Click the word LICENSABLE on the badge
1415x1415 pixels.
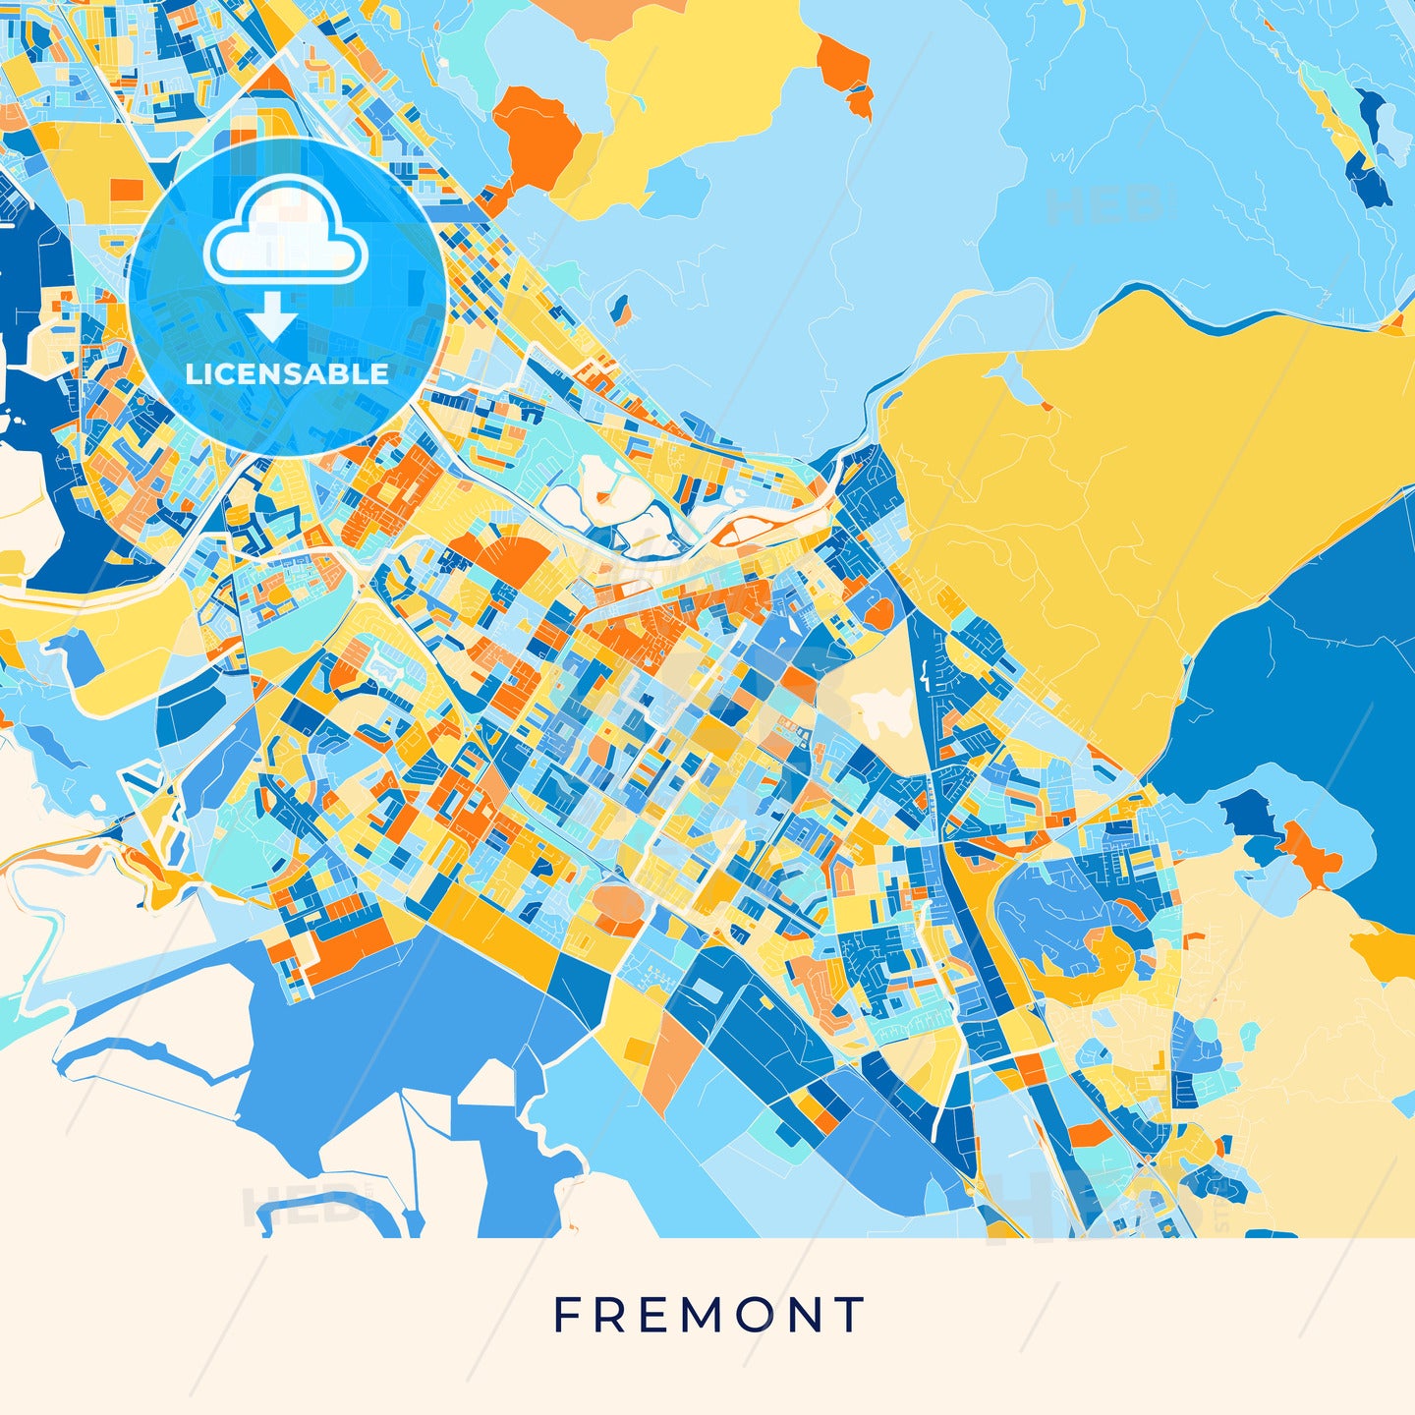tap(287, 373)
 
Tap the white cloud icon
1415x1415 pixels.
tap(285, 236)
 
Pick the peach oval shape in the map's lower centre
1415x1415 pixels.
tap(618, 903)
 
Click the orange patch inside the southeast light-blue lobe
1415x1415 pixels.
tap(1312, 850)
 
